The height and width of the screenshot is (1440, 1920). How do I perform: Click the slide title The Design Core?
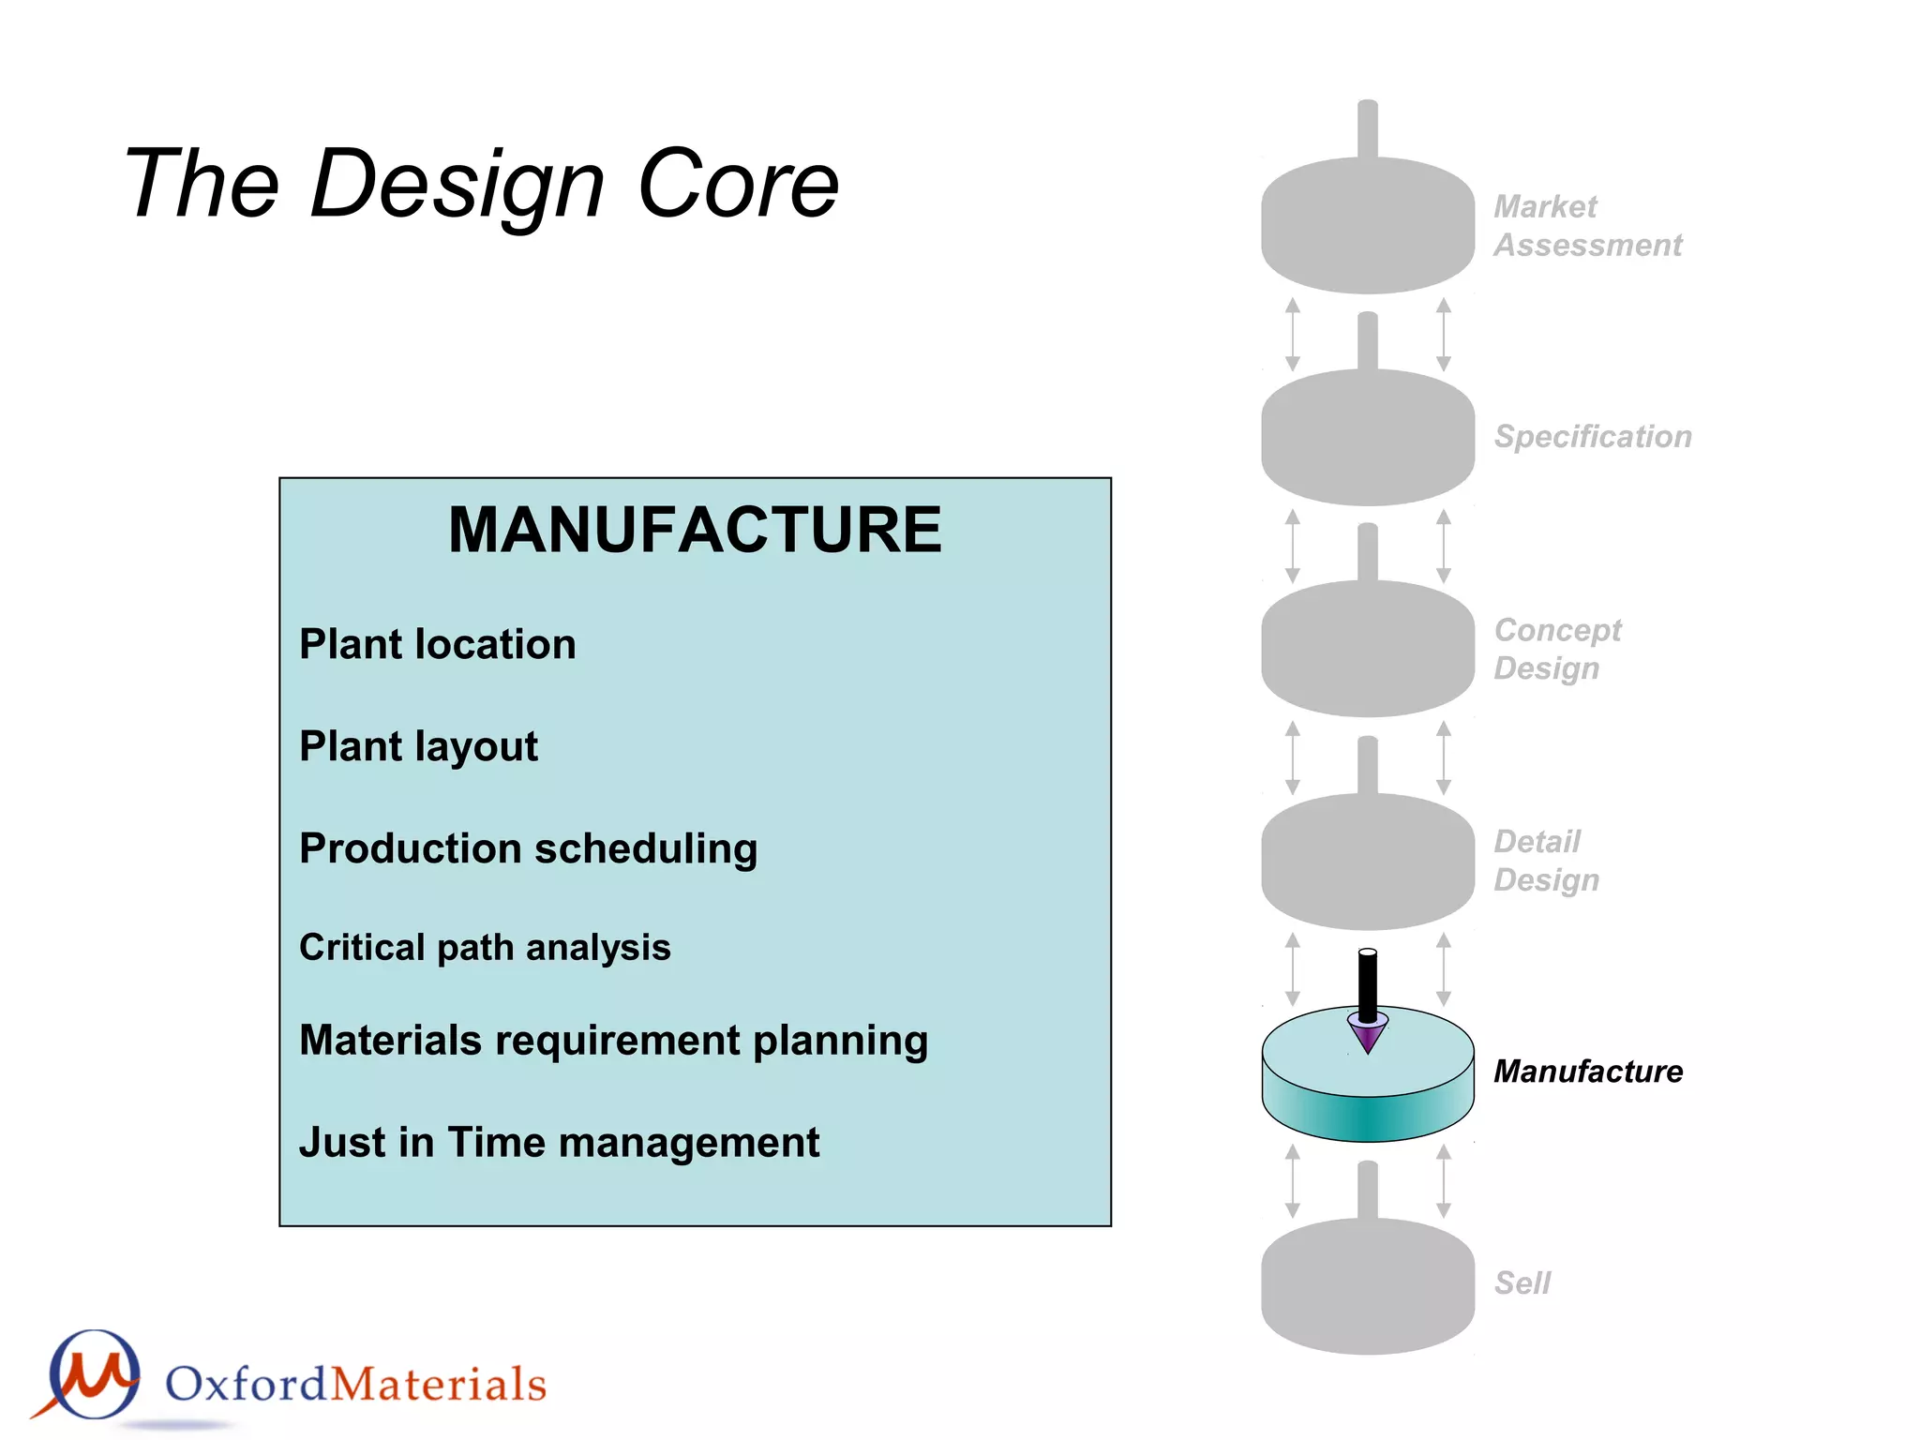481,184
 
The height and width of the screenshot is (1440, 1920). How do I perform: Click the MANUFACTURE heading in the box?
695,530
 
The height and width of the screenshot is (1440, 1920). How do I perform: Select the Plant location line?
437,645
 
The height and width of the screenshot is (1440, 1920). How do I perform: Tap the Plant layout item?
418,747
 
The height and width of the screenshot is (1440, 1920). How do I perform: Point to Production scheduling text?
528,849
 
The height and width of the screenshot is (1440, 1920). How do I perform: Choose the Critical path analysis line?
485,948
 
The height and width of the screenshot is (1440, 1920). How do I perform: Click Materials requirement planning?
613,1042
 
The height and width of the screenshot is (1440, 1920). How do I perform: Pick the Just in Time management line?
559,1143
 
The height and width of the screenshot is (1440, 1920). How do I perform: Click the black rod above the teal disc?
1368,984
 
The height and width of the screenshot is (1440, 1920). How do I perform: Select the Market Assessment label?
1587,226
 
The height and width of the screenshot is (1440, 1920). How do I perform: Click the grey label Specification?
1592,437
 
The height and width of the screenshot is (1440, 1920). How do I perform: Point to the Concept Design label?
1556,649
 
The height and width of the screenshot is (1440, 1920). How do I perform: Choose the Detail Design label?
1546,861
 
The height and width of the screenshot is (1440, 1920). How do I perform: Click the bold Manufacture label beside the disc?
1587,1072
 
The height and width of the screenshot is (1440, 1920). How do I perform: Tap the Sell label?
1522,1282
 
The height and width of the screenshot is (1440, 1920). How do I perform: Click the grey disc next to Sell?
1368,1289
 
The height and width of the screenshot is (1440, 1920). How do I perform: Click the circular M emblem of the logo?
94,1375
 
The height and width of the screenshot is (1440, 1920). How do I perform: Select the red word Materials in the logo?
439,1385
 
